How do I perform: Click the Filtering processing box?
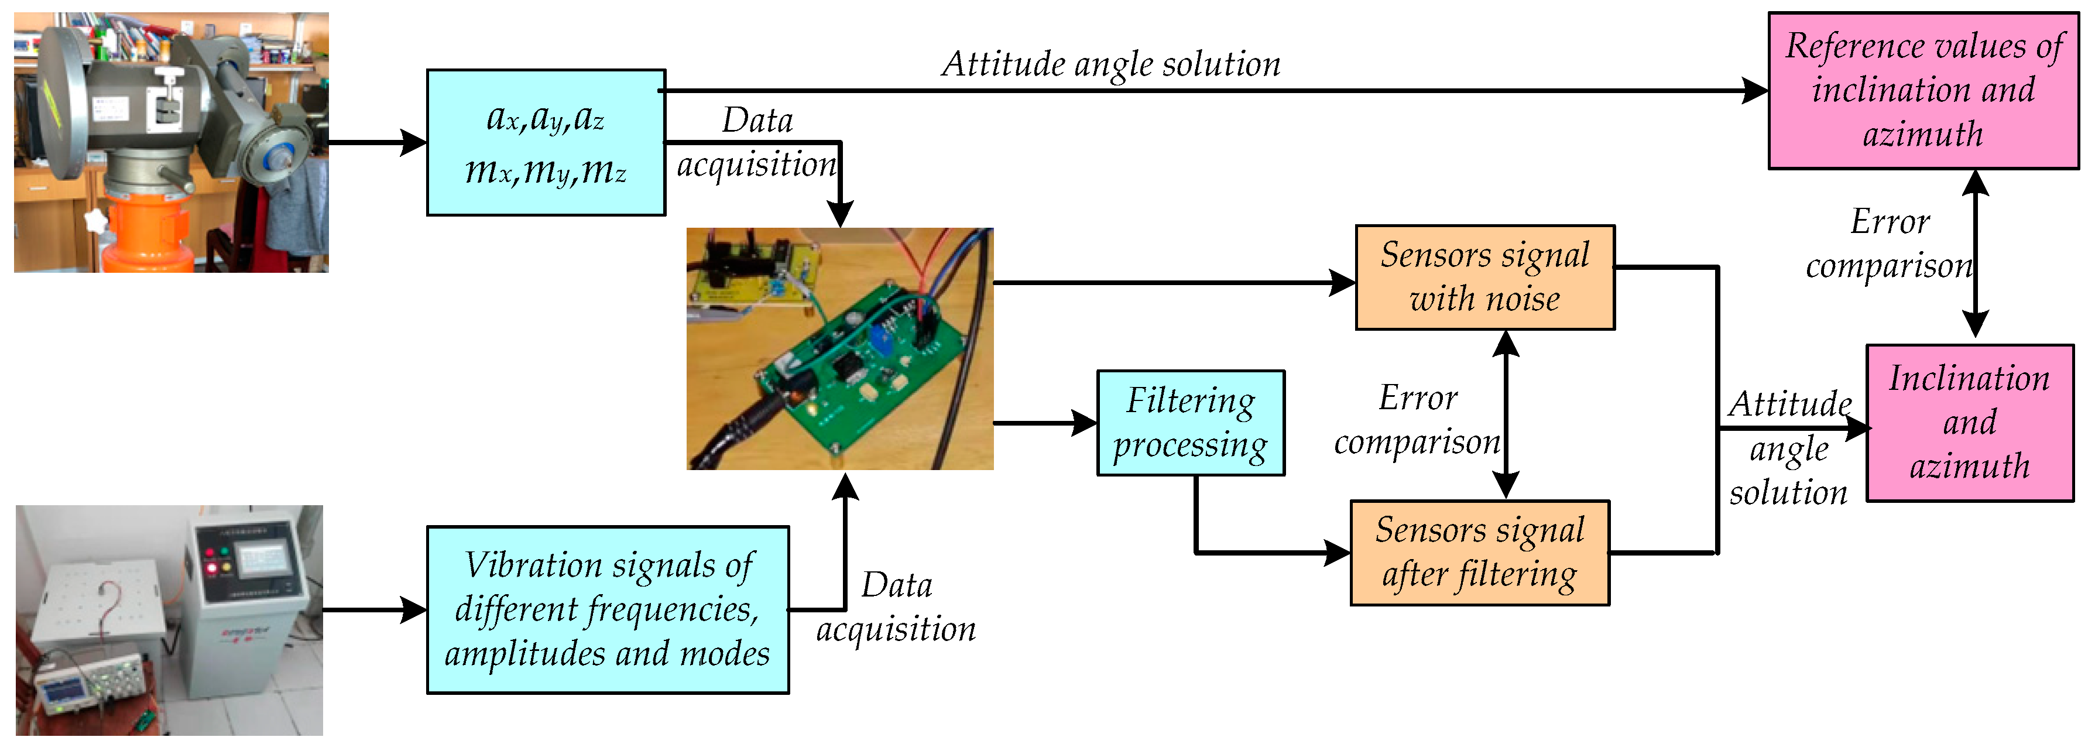click(1191, 423)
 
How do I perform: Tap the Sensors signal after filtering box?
click(1479, 552)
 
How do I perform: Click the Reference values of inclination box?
click(1923, 90)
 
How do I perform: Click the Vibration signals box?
click(608, 609)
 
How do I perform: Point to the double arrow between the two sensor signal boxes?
click(1506, 415)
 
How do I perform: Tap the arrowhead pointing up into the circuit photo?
click(846, 485)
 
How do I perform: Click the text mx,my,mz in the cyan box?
click(546, 171)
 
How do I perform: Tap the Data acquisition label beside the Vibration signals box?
click(896, 607)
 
